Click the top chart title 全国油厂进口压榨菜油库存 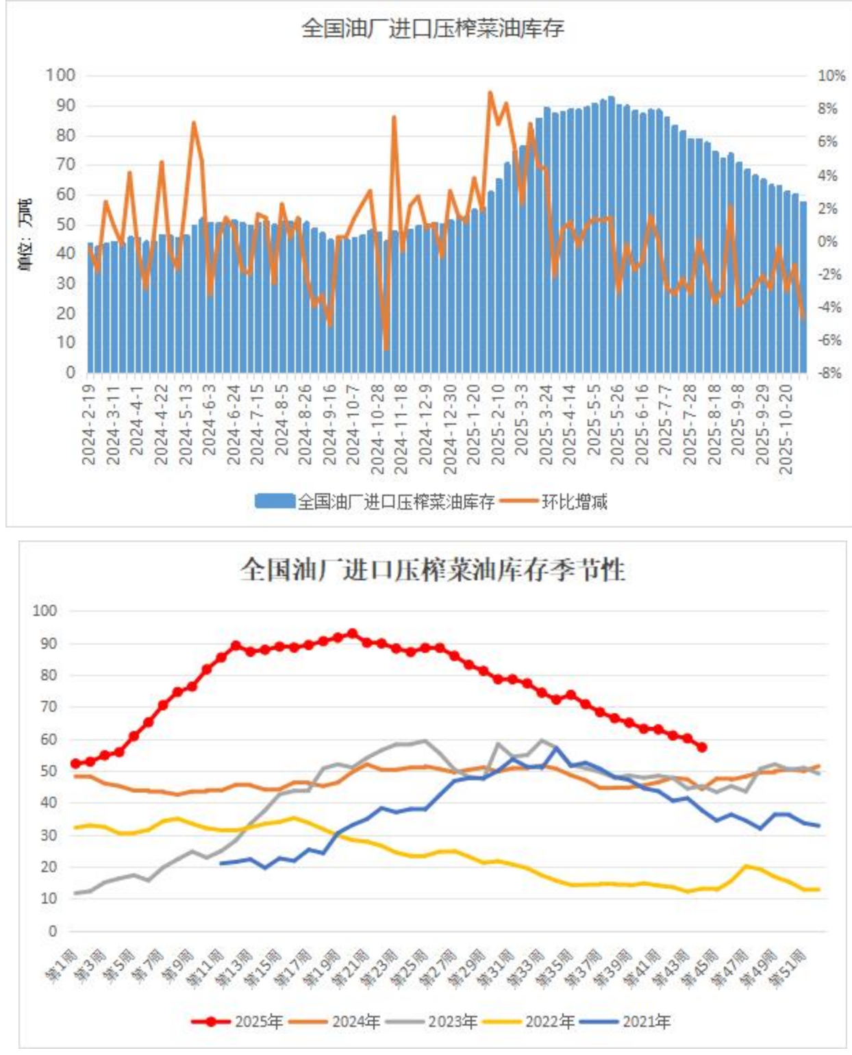tap(432, 29)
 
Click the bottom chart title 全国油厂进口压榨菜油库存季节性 tap(432, 570)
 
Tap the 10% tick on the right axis tap(831, 76)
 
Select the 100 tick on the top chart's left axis tap(60, 75)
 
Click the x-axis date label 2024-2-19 tap(88, 425)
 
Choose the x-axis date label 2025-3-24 tap(546, 425)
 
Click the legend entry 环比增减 tap(574, 502)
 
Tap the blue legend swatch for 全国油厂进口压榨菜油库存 tap(275, 501)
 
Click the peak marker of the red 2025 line tap(352, 634)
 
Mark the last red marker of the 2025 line tap(702, 747)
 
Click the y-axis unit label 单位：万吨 tap(25, 235)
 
